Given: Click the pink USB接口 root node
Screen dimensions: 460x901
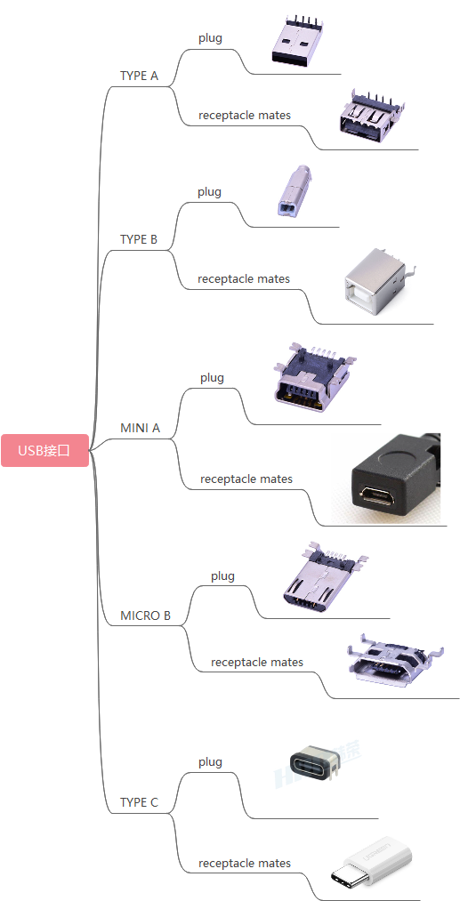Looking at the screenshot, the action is pos(44,450).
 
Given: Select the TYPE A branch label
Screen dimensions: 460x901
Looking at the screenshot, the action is pos(139,76).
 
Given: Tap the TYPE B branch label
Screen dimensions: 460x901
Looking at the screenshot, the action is pos(139,239).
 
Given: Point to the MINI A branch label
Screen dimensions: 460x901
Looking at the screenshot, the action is pos(140,428).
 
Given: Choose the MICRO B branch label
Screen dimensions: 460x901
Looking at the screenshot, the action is pos(146,615).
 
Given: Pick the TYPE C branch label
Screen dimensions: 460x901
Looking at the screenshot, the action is pos(139,802).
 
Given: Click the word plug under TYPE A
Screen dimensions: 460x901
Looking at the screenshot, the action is pos(211,38).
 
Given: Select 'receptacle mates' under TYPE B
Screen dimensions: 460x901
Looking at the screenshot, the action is pos(244,278).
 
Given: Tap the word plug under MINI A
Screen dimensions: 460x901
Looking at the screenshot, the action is pos(212,378).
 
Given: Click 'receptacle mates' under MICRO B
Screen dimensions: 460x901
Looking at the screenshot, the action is pos(257,662).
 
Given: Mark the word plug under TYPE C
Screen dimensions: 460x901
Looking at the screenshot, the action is pos(211,762).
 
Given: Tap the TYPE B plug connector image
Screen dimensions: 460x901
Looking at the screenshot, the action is pos(295,191).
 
